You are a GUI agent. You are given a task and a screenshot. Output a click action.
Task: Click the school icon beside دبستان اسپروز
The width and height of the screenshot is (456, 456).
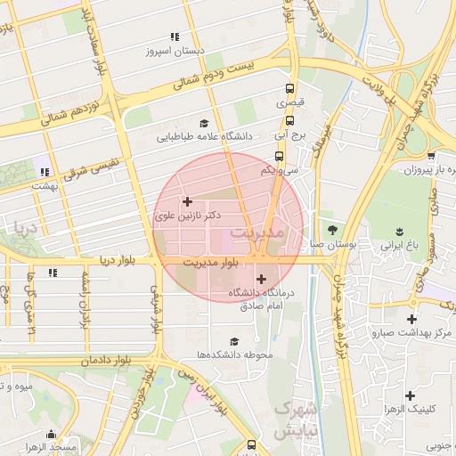click(x=175, y=37)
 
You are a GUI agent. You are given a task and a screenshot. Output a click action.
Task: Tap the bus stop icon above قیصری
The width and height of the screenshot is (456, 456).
click(x=289, y=88)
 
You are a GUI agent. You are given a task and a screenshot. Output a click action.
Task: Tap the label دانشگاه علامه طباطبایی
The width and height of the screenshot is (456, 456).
click(x=205, y=137)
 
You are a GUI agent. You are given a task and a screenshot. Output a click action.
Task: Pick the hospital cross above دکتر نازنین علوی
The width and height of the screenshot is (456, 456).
click(x=187, y=201)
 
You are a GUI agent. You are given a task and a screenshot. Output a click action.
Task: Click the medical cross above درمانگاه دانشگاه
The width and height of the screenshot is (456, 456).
click(x=260, y=280)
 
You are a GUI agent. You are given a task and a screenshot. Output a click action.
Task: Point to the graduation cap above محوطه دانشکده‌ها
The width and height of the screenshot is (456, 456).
click(x=234, y=341)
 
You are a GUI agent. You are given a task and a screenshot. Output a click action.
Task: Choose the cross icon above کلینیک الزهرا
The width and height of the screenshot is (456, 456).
click(x=410, y=395)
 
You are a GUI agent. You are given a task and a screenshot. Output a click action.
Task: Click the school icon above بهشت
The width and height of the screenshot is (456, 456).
click(x=42, y=171)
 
